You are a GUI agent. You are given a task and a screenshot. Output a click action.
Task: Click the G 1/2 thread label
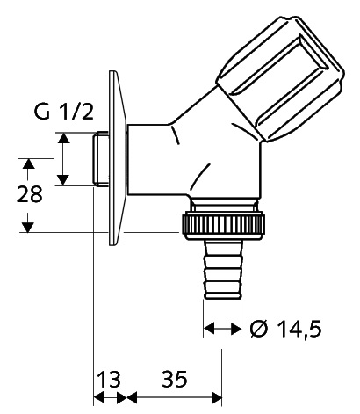[x=64, y=113]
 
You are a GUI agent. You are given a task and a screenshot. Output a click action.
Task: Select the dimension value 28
[x=29, y=194]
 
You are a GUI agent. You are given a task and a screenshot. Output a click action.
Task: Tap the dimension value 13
[x=109, y=379]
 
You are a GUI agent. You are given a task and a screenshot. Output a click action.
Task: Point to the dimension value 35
[x=175, y=379]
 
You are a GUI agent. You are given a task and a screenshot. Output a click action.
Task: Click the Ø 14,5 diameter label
[x=286, y=329]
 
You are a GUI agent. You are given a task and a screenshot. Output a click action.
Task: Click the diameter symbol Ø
[x=259, y=329]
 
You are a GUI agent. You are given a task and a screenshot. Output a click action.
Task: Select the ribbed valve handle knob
[x=280, y=78]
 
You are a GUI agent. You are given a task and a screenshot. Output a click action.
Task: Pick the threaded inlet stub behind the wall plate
[x=100, y=159]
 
